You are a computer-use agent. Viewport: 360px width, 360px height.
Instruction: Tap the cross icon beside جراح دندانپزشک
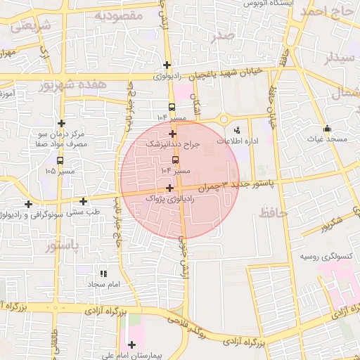(x=172, y=133)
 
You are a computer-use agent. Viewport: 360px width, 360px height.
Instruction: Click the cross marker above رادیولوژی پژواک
(x=169, y=188)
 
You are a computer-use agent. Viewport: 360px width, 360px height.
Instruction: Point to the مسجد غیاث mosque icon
(x=327, y=128)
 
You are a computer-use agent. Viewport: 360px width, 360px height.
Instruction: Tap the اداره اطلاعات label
(x=238, y=141)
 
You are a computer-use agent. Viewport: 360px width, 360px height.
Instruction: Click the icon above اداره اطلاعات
(x=237, y=129)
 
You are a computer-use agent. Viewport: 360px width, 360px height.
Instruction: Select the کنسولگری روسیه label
(x=326, y=257)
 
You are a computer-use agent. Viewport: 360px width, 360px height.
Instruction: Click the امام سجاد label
(x=105, y=283)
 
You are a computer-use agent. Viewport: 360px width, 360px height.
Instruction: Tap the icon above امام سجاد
(x=104, y=273)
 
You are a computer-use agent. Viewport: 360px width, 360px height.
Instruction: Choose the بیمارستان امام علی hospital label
(x=130, y=355)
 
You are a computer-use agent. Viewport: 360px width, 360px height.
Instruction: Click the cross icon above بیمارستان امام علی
(x=131, y=345)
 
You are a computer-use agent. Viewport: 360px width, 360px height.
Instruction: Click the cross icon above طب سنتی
(x=84, y=201)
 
